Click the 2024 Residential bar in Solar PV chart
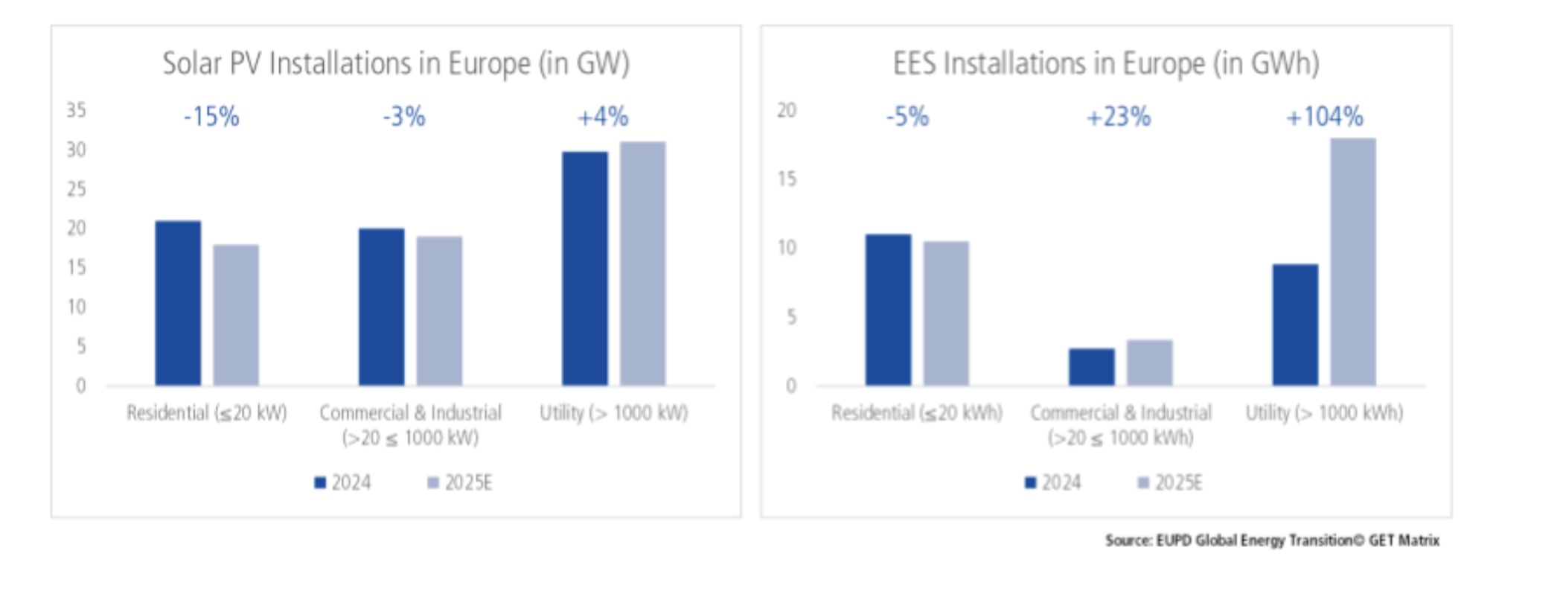tap(178, 303)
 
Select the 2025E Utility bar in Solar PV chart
tap(642, 264)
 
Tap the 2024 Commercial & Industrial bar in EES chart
tap(1091, 367)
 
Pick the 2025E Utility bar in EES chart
tap(1352, 261)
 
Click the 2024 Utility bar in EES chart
tap(1294, 325)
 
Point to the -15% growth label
tap(211, 117)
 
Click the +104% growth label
tap(1325, 117)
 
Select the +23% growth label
tap(1118, 117)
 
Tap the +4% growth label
tap(603, 117)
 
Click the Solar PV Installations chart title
tap(396, 63)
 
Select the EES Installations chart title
tap(1106, 63)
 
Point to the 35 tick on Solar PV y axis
tap(76, 110)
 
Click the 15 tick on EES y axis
tap(787, 179)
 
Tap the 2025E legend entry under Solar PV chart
tap(460, 483)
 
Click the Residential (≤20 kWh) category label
tap(916, 412)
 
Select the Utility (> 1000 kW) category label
tap(613, 412)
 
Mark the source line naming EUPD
tap(1272, 540)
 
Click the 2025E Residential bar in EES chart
tap(946, 313)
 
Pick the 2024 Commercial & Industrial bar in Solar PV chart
tap(381, 307)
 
